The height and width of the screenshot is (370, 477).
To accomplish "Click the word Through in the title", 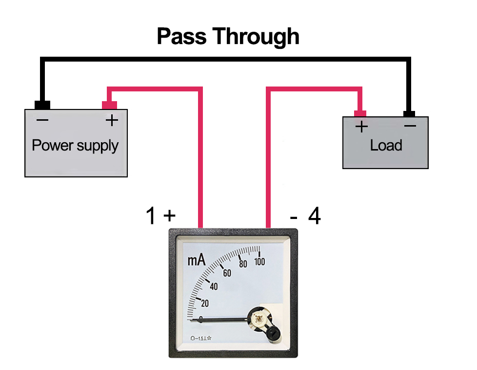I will (258, 37).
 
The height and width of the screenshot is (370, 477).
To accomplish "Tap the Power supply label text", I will (75, 145).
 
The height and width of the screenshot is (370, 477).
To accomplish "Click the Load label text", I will (386, 145).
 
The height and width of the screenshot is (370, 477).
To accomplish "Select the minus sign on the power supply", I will (42, 120).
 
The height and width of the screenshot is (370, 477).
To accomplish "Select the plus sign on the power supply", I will (112, 120).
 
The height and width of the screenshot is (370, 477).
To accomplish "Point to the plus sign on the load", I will (361, 127).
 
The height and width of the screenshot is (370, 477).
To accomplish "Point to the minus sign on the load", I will (410, 126).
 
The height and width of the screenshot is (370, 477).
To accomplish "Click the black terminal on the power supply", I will (42, 105).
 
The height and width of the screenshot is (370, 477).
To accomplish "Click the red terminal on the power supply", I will (109, 105).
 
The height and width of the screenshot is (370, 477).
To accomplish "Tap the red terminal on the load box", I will (360, 114).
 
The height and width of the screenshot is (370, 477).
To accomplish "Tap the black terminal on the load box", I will (409, 114).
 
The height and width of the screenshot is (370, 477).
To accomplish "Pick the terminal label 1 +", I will (160, 216).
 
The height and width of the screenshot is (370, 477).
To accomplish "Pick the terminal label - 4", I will (306, 216).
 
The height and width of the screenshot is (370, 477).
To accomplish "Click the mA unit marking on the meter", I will (196, 261).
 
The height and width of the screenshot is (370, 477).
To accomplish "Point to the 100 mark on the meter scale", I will (259, 261).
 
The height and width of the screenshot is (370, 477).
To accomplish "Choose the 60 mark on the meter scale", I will (227, 273).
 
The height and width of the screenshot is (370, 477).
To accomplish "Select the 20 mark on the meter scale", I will (204, 304).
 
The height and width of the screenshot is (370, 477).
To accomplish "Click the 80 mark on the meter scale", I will (243, 264).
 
